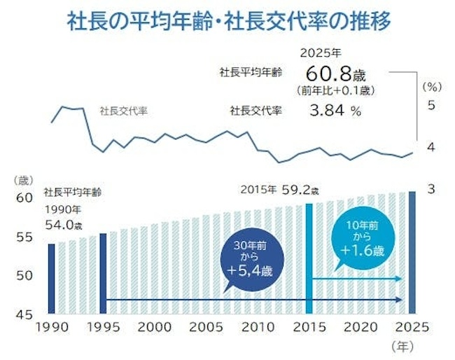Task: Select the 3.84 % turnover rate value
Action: [335, 110]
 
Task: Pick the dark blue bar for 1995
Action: [103, 273]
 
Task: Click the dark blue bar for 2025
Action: [412, 252]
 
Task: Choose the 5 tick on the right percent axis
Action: [431, 105]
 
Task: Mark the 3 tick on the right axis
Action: [431, 189]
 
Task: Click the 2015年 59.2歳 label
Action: [279, 189]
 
